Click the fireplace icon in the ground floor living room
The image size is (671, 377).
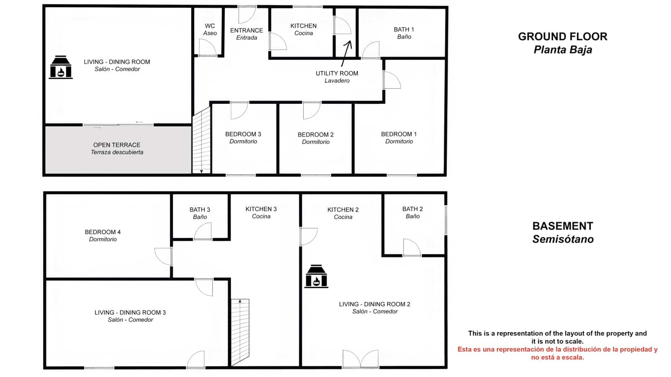click(61, 67)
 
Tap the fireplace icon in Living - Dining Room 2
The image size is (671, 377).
click(316, 276)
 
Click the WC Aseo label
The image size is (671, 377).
click(210, 29)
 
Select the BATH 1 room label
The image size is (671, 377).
click(403, 33)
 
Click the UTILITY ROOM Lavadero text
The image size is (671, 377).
click(337, 77)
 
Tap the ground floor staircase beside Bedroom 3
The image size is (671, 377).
click(201, 140)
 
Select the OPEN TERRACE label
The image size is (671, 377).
click(117, 148)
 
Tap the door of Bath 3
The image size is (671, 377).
click(203, 232)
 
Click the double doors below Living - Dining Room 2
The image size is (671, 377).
click(360, 359)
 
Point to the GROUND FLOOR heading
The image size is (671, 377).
click(562, 37)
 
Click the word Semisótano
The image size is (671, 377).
click(563, 239)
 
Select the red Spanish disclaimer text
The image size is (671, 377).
click(557, 353)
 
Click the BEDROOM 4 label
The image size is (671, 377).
click(103, 235)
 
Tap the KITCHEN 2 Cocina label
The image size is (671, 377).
click(343, 213)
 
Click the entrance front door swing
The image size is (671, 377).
click(247, 15)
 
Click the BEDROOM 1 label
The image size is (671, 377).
click(399, 137)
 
